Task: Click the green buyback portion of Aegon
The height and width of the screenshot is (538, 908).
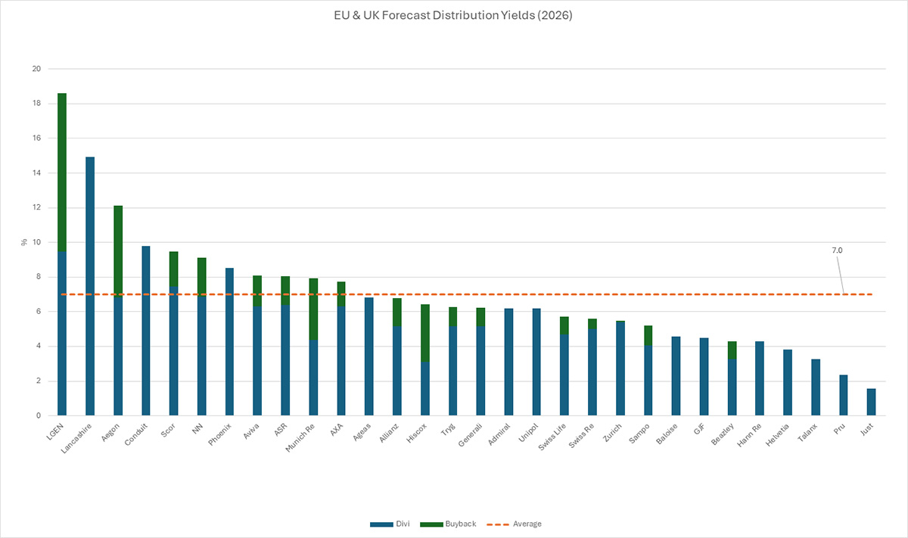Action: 118,250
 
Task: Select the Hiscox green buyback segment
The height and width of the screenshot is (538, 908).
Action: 425,332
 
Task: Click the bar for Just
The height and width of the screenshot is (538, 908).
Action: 871,402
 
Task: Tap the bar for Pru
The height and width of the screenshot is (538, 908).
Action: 843,395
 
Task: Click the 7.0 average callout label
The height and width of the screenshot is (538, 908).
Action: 837,248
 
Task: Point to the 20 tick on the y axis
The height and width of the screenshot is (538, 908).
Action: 35,69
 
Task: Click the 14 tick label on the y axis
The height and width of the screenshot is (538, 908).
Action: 35,173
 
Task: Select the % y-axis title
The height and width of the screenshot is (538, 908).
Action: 24,242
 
